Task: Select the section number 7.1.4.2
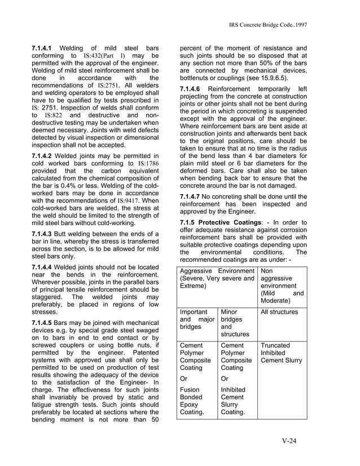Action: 44,156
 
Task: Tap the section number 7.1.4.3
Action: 44,233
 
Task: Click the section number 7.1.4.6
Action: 192,89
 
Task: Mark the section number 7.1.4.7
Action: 192,196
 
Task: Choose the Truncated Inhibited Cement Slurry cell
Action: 281,353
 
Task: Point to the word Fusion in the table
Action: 190,389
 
